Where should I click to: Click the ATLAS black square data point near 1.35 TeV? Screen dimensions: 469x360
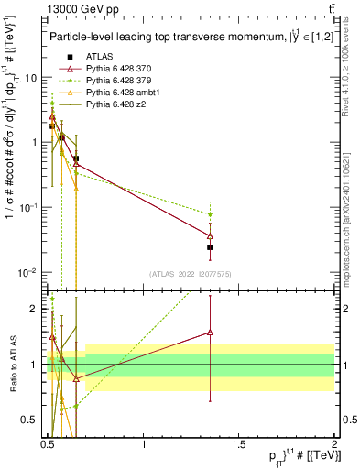pyautogui.click(x=211, y=247)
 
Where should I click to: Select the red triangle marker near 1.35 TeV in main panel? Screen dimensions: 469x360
pyautogui.click(x=211, y=236)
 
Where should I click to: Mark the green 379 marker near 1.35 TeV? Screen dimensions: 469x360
pyautogui.click(x=211, y=214)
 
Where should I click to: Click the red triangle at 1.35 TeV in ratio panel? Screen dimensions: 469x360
pyautogui.click(x=211, y=333)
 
